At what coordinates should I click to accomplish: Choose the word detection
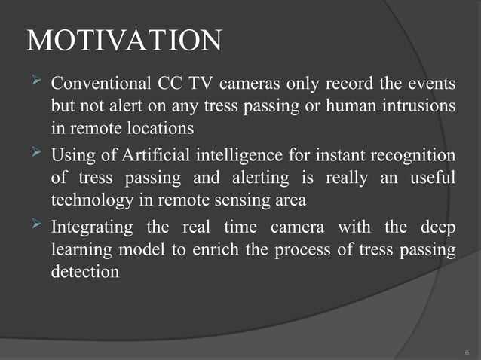click(84, 272)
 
